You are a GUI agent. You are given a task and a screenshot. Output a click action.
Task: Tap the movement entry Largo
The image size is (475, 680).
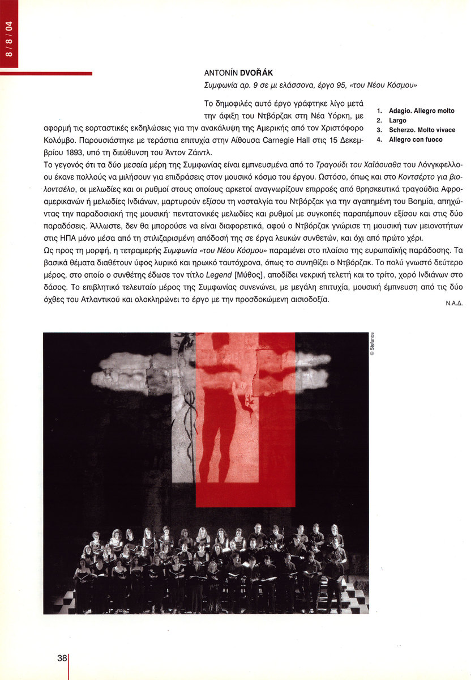pos(397,121)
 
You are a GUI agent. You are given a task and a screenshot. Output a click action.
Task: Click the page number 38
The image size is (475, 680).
pos(62,658)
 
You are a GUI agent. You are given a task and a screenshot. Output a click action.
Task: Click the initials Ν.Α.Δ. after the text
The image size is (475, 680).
pos(454,303)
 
